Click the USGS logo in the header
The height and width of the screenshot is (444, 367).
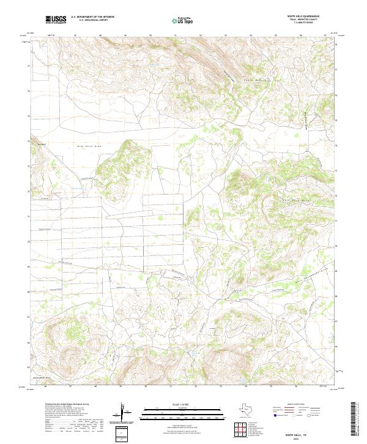56,20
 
